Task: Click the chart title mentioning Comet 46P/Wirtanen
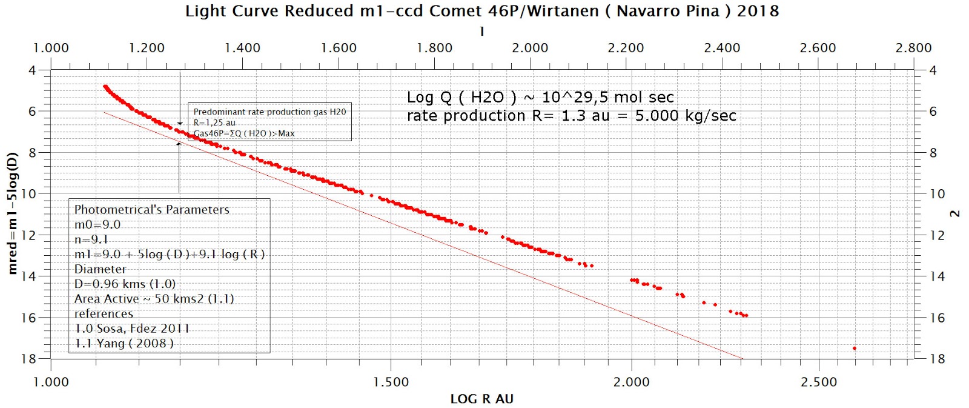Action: tap(482, 11)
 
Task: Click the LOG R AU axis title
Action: tap(481, 399)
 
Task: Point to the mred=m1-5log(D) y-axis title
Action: tap(12, 213)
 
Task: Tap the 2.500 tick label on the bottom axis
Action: tap(818, 382)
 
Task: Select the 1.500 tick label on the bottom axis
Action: tap(391, 382)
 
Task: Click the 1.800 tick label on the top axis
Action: tap(434, 48)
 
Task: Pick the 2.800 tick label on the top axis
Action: tap(913, 48)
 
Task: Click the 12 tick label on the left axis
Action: tap(28, 235)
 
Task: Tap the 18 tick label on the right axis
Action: tap(937, 359)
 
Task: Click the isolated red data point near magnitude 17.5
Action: tap(854, 348)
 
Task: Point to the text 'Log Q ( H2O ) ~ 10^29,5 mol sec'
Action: tap(540, 97)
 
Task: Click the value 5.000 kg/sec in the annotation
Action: tap(686, 116)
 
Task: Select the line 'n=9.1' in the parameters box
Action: tap(91, 239)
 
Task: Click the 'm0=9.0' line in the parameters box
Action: tap(98, 224)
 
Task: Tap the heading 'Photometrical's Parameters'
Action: tap(152, 210)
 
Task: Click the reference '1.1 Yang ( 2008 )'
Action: tap(124, 343)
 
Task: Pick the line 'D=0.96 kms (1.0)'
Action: tap(125, 284)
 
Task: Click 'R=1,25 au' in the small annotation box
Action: tap(214, 122)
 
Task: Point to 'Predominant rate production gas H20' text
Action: tap(270, 112)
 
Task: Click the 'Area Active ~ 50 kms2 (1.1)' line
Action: tap(154, 299)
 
